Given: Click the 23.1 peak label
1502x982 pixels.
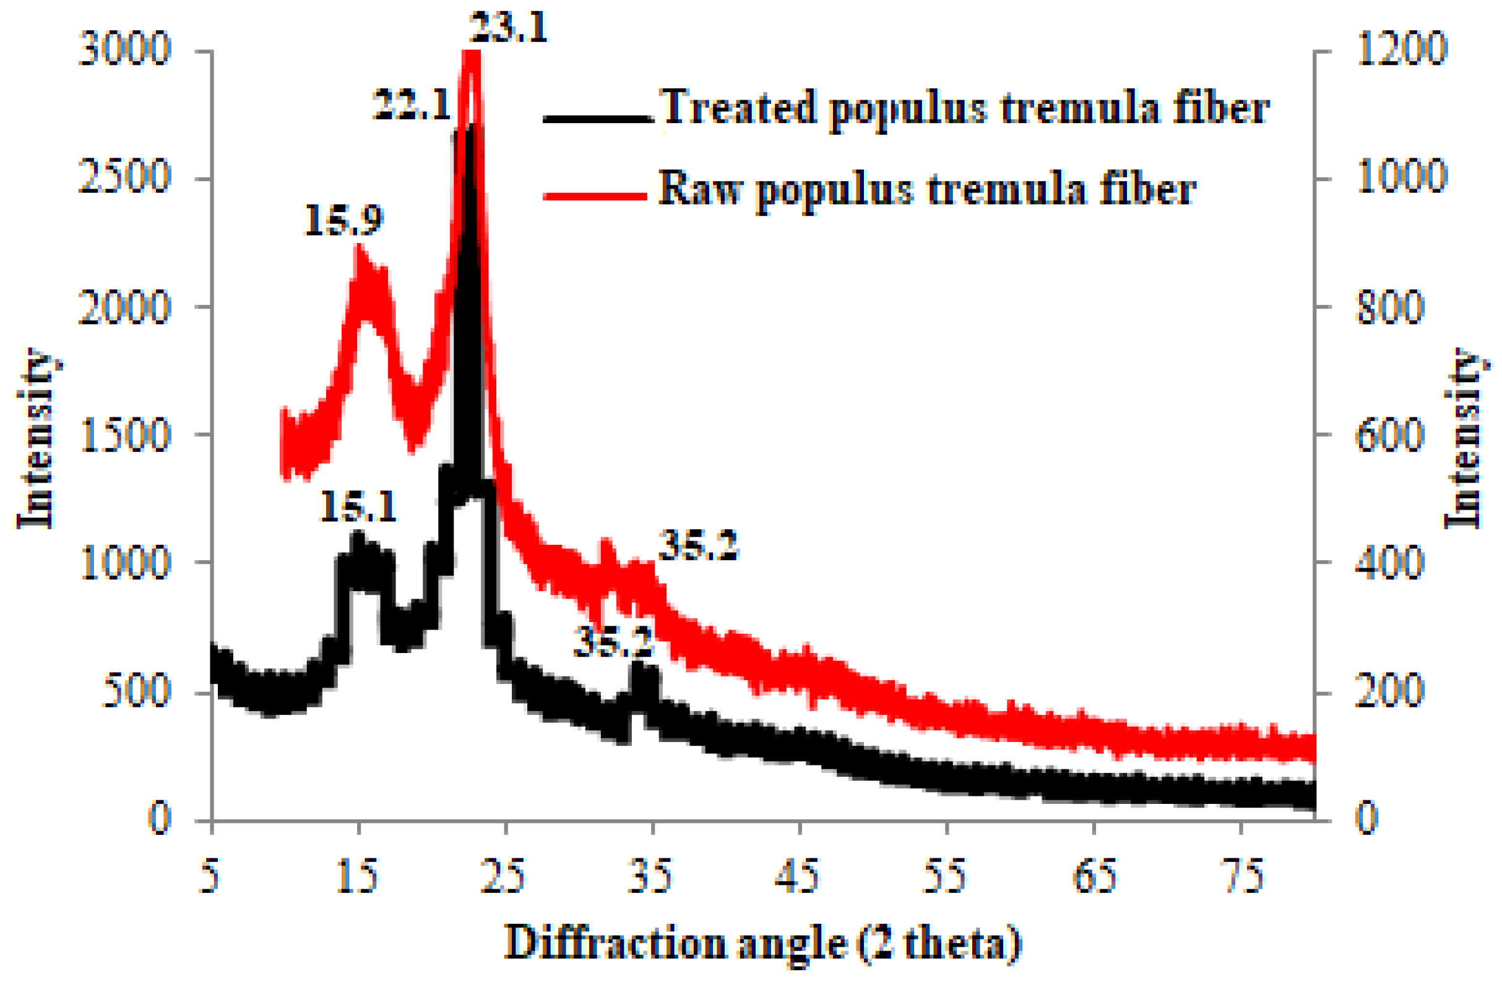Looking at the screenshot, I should point(509,27).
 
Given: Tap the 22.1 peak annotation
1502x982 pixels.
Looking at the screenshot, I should point(412,104).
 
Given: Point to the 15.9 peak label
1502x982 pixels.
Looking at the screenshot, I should point(343,220).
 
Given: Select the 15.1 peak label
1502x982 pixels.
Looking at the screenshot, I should point(358,506).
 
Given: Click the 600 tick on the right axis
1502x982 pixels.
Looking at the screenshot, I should point(1389,435).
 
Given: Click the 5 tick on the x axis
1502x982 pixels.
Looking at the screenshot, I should point(210,877).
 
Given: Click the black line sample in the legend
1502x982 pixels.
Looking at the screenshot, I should point(597,118).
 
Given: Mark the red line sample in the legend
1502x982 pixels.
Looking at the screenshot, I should point(597,196).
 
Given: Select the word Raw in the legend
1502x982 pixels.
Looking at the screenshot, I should point(701,188).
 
